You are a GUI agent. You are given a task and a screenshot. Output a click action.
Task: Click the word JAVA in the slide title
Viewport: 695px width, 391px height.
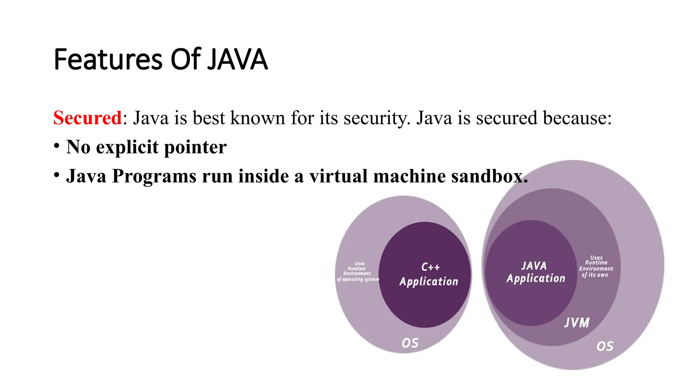[237, 60]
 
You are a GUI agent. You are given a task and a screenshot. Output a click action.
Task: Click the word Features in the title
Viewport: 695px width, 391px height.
[108, 60]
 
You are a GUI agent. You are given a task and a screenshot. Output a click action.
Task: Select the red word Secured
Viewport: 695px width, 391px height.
[88, 118]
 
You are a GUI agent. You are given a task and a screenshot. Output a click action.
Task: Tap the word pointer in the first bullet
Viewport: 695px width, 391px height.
[195, 147]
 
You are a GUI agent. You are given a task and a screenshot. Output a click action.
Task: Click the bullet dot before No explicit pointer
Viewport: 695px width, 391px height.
[57, 146]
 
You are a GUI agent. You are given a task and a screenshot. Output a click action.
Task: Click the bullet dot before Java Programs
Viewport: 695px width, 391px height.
[57, 175]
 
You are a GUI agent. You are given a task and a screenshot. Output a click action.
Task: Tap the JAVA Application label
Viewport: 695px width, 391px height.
[535, 272]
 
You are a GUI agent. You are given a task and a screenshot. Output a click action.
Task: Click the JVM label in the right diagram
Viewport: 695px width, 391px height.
[577, 322]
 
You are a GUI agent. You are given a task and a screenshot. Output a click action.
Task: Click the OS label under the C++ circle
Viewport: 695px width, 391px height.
[410, 343]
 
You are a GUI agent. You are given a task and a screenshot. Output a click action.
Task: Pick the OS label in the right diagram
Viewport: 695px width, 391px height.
[605, 346]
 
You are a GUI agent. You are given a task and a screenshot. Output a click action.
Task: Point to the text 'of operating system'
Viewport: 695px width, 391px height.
[358, 279]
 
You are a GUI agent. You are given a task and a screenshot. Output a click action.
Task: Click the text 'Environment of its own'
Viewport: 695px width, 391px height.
[596, 272]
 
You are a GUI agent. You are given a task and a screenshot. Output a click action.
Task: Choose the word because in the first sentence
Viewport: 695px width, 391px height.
[574, 118]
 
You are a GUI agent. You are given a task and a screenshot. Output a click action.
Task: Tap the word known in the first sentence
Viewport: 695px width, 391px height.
[258, 118]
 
